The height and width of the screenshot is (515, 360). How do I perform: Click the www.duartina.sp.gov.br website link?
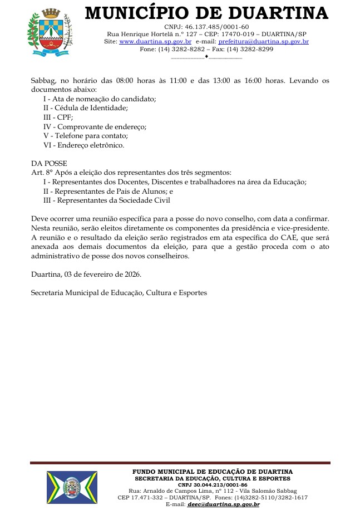click(x=155, y=42)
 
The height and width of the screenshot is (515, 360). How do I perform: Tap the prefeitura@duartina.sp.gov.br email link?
click(x=264, y=42)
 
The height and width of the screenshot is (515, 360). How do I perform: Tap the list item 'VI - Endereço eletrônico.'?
click(x=83, y=145)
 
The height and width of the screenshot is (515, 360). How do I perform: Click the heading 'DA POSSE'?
click(x=49, y=164)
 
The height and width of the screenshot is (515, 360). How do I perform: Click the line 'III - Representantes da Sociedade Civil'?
click(x=106, y=200)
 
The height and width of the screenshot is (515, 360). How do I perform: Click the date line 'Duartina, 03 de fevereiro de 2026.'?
click(x=86, y=274)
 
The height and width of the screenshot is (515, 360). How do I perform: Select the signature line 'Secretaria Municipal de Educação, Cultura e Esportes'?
click(x=119, y=292)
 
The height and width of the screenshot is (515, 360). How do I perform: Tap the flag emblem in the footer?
click(x=72, y=487)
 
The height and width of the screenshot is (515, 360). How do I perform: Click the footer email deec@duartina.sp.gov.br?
click(x=223, y=504)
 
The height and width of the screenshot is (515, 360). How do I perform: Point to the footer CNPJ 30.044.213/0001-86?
click(x=213, y=485)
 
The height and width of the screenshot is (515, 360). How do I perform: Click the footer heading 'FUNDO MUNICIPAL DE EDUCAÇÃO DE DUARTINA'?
click(x=213, y=472)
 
